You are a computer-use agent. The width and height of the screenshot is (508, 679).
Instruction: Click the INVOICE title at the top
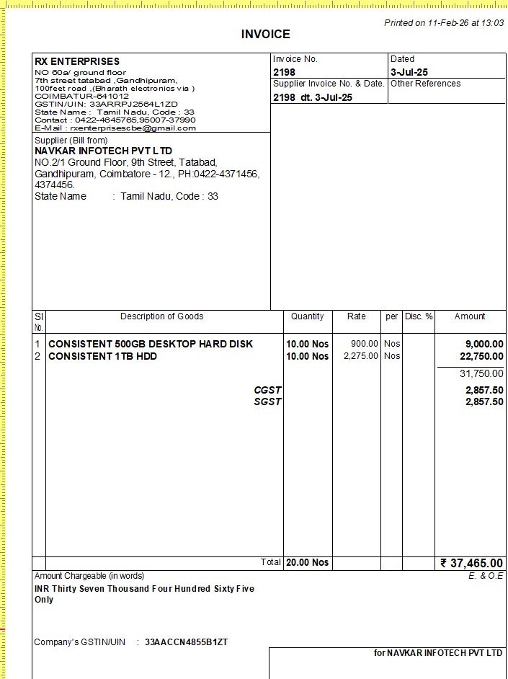[265, 34]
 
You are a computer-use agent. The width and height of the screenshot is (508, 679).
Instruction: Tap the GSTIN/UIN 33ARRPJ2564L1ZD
[133, 105]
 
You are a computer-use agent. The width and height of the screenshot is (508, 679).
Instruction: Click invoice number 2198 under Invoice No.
[284, 72]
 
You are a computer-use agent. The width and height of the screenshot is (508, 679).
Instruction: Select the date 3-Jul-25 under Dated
[409, 72]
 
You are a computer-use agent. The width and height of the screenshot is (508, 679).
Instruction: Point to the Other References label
[425, 84]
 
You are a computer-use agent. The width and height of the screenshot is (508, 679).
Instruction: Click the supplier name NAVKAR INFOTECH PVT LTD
[104, 151]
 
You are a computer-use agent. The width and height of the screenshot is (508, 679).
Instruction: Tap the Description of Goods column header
[161, 316]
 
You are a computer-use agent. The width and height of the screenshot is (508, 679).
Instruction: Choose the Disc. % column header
[418, 316]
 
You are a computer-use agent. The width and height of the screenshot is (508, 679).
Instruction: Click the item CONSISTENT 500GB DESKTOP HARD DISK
[151, 344]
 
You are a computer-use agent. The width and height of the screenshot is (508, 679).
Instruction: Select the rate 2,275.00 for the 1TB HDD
[360, 356]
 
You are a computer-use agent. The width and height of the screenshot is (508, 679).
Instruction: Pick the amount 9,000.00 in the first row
[484, 344]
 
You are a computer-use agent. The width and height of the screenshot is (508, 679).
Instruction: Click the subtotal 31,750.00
[481, 373]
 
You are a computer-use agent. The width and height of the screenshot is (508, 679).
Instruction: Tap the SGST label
[267, 401]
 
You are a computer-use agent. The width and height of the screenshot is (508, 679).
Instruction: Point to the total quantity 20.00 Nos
[307, 562]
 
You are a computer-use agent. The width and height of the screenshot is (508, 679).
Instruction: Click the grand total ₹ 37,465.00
[472, 563]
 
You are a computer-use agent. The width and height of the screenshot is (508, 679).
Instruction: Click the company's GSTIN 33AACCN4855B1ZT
[186, 642]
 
